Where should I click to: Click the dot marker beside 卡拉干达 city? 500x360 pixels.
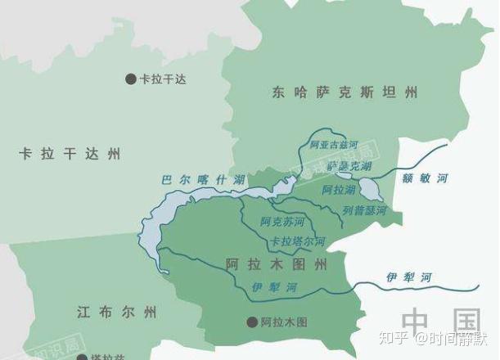[130, 79]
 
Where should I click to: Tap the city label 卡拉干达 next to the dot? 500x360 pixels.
[163, 79]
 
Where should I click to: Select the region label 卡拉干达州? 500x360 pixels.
[70, 153]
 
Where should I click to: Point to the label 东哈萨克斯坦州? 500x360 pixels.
[345, 92]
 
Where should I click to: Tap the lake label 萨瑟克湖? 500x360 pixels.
[349, 166]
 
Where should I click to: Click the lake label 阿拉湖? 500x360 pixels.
[338, 190]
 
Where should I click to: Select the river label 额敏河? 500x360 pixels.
[431, 178]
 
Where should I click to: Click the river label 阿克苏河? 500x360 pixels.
[282, 222]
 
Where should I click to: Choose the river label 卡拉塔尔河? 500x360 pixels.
[298, 242]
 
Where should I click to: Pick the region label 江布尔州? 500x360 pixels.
[115, 312]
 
